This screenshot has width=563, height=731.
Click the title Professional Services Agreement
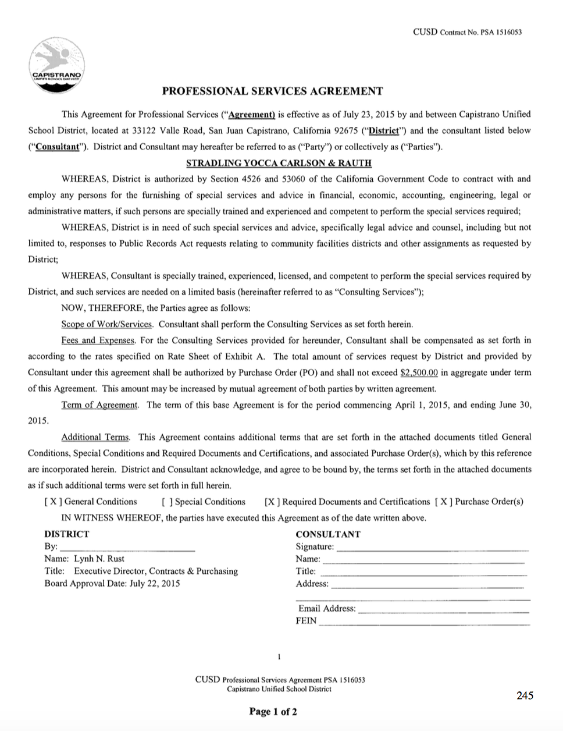coord(272,91)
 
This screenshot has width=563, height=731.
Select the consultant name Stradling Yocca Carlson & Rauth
coord(279,163)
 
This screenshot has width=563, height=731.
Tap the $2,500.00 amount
coord(419,372)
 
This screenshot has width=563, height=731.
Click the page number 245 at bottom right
coord(524,695)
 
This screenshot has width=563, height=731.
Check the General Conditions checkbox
coord(52,502)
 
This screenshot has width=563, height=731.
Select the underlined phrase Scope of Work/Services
coord(107,324)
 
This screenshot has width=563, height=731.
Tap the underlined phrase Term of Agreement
coord(100,405)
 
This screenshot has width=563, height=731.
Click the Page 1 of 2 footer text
coord(273,711)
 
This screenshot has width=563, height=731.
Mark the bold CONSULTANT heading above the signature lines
coord(328,534)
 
